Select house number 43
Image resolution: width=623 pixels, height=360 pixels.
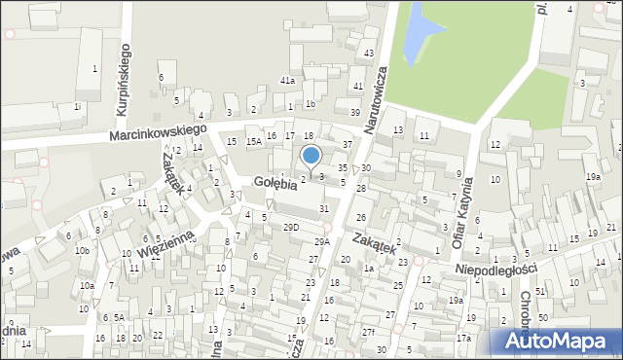(368, 53)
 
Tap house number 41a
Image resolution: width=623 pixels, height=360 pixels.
(287, 81)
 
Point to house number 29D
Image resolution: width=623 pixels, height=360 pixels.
(290, 227)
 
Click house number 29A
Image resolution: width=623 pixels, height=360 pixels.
(321, 241)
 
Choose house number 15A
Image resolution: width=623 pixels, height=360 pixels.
(253, 142)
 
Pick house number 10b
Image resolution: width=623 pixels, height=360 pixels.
(84, 251)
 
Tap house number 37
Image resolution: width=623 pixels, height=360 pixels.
(348, 145)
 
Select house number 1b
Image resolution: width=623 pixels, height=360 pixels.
(311, 103)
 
